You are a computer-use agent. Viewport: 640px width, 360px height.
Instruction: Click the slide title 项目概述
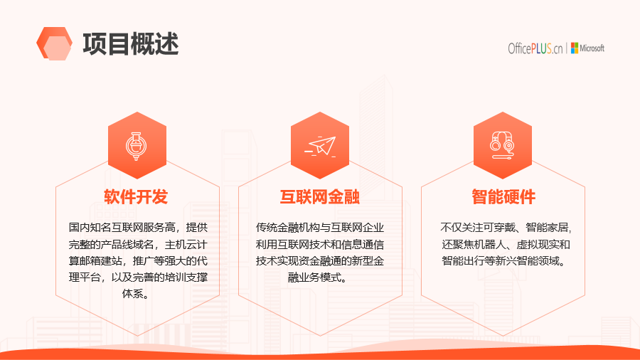(131, 44)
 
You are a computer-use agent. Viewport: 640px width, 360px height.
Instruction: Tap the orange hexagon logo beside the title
(54, 43)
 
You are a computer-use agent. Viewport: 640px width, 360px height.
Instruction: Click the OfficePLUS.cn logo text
(535, 48)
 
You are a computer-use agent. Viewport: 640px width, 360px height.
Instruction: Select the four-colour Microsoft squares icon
(575, 48)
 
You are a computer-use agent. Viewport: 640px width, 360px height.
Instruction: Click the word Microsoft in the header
(592, 48)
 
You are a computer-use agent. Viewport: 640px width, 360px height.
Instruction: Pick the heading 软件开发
(136, 197)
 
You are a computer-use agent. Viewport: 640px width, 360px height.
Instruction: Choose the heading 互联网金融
(319, 197)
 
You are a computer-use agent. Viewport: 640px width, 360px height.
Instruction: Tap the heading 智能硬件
(503, 197)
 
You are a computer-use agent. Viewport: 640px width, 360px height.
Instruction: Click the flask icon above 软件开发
(137, 146)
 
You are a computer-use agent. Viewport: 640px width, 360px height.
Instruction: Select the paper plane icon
(321, 146)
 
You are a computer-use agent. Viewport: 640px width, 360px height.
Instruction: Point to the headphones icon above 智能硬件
(503, 145)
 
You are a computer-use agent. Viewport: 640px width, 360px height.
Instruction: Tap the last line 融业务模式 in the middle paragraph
(318, 277)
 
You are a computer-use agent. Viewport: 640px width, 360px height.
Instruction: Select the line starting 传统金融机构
(320, 228)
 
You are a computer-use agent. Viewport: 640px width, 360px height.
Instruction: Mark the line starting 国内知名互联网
(138, 228)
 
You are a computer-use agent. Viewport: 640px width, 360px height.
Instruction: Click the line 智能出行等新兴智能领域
(503, 260)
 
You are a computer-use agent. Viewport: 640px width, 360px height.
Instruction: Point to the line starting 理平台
(138, 277)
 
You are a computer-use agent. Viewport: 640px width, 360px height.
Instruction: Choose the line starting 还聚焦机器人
(506, 244)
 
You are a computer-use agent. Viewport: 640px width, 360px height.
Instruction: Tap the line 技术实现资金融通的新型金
(320, 260)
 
